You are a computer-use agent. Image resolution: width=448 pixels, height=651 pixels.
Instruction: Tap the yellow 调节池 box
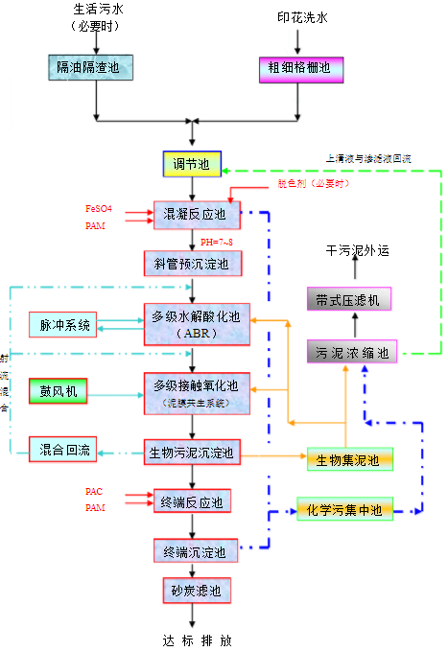191,164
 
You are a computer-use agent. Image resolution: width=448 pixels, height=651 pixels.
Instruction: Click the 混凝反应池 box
193,214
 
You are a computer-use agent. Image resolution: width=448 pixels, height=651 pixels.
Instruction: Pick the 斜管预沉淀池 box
192,262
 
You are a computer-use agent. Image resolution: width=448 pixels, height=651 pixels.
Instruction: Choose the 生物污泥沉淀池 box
192,451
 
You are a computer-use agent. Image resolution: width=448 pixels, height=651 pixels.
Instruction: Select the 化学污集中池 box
342,511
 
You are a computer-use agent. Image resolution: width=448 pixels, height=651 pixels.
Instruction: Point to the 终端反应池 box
193,501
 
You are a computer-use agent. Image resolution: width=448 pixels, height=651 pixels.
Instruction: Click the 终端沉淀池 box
192,551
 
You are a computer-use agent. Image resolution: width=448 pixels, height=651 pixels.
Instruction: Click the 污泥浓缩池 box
352,352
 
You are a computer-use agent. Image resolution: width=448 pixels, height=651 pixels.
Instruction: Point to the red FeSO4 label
100,208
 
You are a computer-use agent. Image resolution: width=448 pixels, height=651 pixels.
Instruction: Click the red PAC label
94,492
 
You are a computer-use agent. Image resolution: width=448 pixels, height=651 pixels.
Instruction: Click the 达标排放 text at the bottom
197,639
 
